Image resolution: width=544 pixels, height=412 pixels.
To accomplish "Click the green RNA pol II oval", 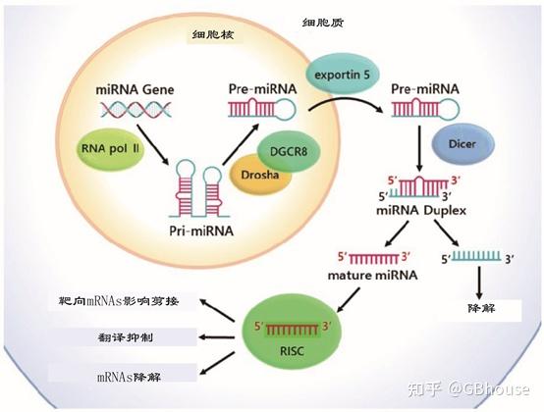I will point(111,154).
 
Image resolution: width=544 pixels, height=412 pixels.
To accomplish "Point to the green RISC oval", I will point(290,335).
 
